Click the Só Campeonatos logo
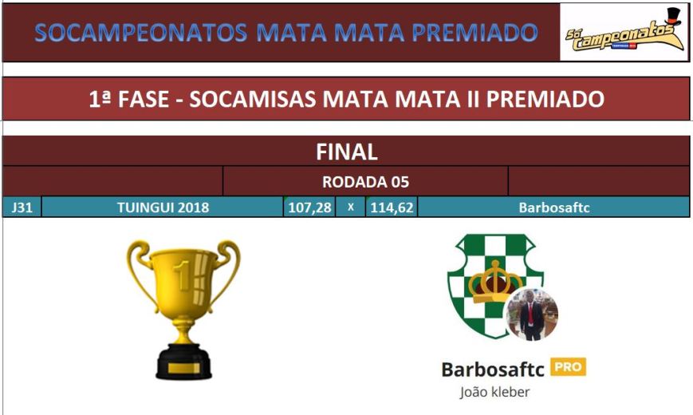(624, 33)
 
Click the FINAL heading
(346, 152)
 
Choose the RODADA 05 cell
(365, 182)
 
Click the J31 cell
(22, 207)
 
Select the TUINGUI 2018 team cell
(163, 207)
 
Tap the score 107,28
(309, 207)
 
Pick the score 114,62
(391, 207)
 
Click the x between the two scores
(350, 207)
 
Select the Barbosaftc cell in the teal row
(553, 207)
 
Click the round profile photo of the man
(532, 314)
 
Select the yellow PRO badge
(568, 367)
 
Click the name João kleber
(495, 392)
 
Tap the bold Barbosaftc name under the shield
(493, 369)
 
